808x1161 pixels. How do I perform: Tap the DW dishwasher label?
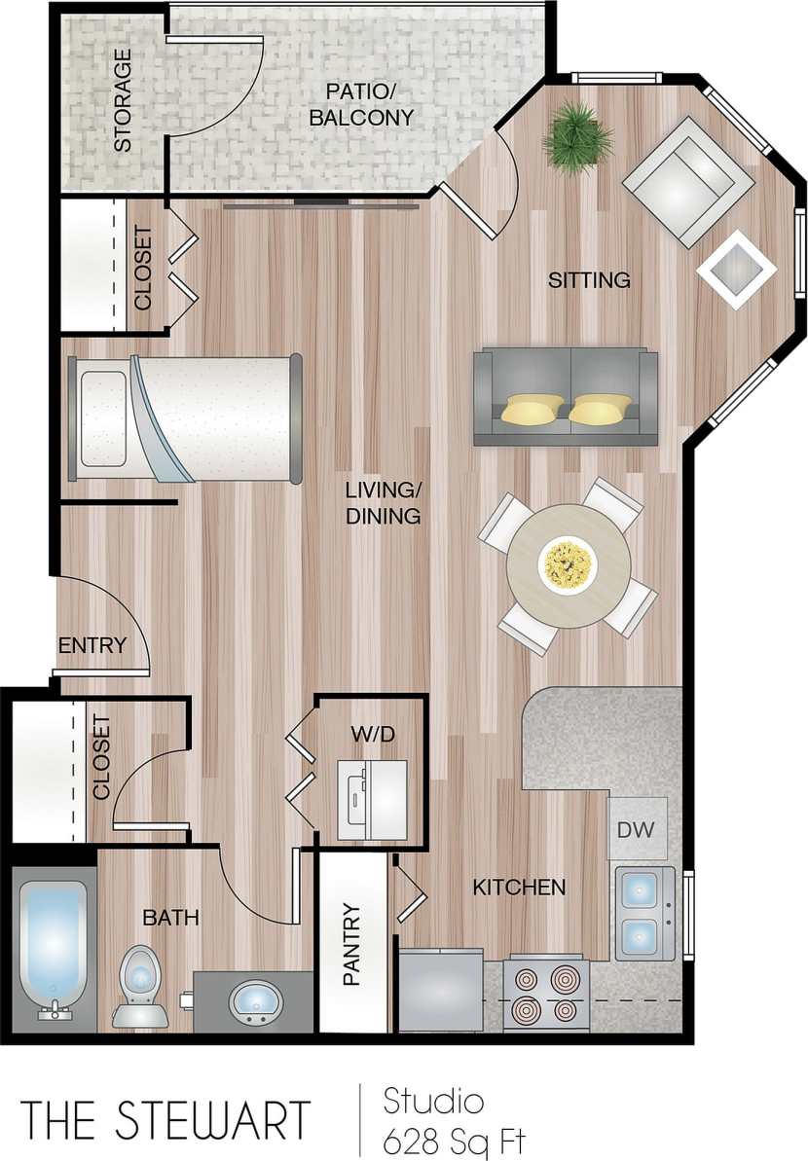pos(638,829)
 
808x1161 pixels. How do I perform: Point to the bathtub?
pos(55,944)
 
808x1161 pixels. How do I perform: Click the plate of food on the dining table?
pos(568,564)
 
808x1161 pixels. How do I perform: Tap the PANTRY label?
pos(351,944)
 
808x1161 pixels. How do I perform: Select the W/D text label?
pos(373,733)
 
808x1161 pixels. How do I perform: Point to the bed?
pos(185,418)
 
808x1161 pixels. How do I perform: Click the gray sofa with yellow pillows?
pos(565,397)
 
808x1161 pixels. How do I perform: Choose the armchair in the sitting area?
pos(689,181)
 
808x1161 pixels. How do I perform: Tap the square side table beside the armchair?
pos(737,268)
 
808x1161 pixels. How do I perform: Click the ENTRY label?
pos(92,644)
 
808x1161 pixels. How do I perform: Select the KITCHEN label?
pos(519,887)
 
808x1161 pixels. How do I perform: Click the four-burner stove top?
pos(545,993)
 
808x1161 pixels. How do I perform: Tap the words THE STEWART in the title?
pos(165,1119)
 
